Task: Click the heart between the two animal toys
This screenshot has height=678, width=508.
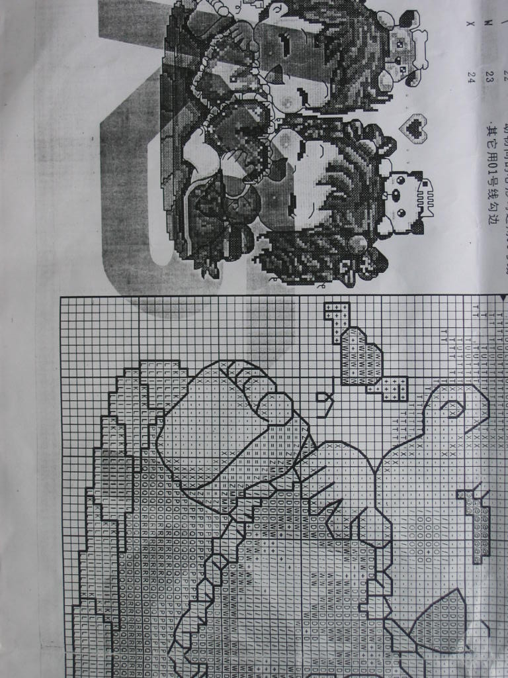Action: pyautogui.click(x=416, y=127)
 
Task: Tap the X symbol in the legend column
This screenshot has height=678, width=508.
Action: pyautogui.click(x=471, y=24)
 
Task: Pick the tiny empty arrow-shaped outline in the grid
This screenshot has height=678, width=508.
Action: pyautogui.click(x=324, y=403)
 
